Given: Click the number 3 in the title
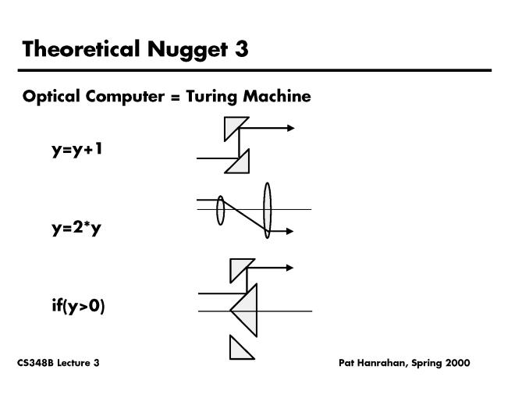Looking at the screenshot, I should coord(241,49).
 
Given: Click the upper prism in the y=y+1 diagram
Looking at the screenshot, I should coord(233,126).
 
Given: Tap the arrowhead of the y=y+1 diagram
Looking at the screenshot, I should coord(290,127).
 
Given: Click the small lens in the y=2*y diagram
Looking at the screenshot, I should coord(221,210).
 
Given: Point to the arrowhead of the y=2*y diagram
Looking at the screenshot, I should coord(290,231).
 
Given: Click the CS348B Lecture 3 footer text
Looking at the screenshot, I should coord(58,364).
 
